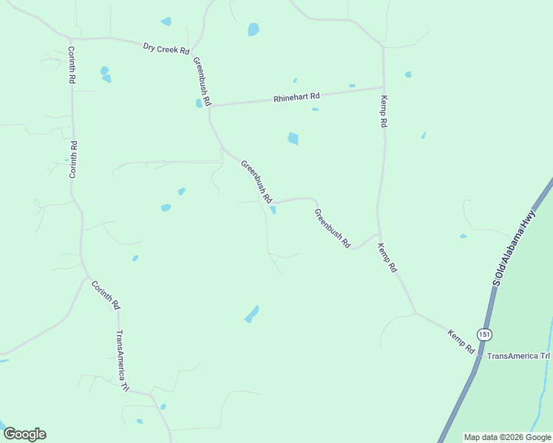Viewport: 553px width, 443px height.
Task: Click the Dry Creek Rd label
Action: pyautogui.click(x=166, y=49)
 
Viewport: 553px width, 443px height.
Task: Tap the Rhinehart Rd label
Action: pyautogui.click(x=296, y=97)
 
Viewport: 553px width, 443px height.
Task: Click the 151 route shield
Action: pyautogui.click(x=484, y=334)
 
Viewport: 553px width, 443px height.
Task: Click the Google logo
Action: pyautogui.click(x=24, y=434)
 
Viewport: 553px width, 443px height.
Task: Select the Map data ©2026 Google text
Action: pyautogui.click(x=506, y=437)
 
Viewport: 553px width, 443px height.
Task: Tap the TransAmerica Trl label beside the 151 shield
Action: pyautogui.click(x=519, y=356)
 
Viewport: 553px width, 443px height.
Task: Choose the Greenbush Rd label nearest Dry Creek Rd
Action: pyautogui.click(x=203, y=80)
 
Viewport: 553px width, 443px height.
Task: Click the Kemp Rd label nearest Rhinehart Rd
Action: pyautogui.click(x=384, y=111)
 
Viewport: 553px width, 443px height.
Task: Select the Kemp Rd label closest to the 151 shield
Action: pyautogui.click(x=461, y=341)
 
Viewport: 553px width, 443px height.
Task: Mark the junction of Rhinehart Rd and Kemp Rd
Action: pyautogui.click(x=383, y=87)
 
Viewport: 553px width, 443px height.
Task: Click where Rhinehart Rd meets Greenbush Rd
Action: pyautogui.click(x=210, y=106)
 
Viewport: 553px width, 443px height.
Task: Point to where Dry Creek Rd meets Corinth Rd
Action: pyautogui.click(x=71, y=38)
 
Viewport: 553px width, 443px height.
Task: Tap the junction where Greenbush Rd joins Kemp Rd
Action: pyautogui.click(x=378, y=235)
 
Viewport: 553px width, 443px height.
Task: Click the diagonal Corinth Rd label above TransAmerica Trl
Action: pyautogui.click(x=106, y=294)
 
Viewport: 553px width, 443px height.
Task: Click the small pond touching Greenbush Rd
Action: pyautogui.click(x=274, y=210)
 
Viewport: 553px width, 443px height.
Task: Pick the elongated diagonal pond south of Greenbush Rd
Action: pyautogui.click(x=251, y=314)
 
